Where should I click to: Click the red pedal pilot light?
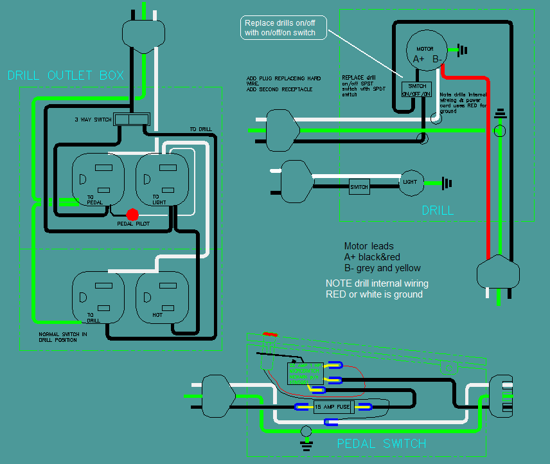[x=133, y=215]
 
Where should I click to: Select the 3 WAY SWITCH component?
[x=131, y=120]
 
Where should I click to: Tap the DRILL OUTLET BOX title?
[x=66, y=76]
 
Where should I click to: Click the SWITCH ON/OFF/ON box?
[x=416, y=89]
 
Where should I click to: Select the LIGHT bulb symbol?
[x=411, y=182]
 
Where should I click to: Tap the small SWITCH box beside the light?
[x=359, y=187]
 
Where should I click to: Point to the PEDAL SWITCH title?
[x=382, y=443]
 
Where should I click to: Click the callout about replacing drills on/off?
[x=283, y=28]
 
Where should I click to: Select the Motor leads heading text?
[x=368, y=246]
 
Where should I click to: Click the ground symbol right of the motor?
[x=461, y=49]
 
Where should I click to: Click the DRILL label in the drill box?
[x=438, y=210]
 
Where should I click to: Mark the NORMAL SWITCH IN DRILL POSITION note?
[x=62, y=337]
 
